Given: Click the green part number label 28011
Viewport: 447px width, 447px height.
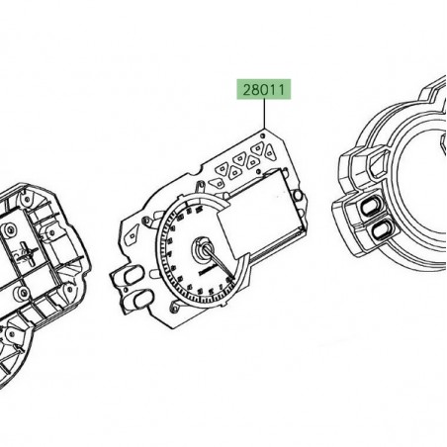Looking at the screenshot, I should (261, 91).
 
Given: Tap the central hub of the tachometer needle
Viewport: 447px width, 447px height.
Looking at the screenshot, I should (204, 251).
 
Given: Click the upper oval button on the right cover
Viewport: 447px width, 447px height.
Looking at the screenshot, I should (377, 208).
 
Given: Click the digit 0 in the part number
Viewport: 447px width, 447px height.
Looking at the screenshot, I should (261, 91).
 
